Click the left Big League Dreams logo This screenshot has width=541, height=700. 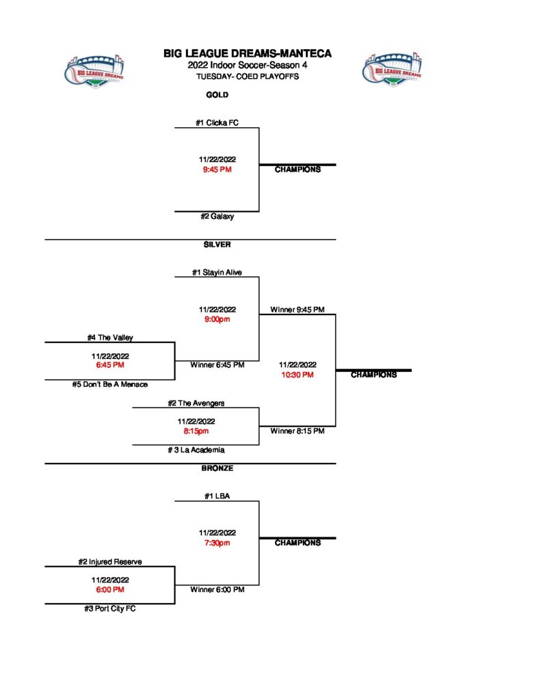pyautogui.click(x=95, y=70)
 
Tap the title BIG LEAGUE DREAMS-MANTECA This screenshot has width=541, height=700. pyautogui.click(x=247, y=53)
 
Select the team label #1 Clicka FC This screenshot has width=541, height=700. pyautogui.click(x=217, y=123)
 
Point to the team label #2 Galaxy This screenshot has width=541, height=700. pyautogui.click(x=217, y=217)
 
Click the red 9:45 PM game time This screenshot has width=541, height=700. pyautogui.click(x=217, y=169)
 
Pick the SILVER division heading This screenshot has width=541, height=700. pyautogui.click(x=217, y=244)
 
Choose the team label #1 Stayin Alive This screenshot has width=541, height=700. pyautogui.click(x=217, y=273)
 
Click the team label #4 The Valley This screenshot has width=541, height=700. pyautogui.click(x=110, y=338)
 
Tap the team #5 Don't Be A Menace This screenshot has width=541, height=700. pyautogui.click(x=110, y=384)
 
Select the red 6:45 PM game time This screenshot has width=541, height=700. pyautogui.click(x=110, y=365)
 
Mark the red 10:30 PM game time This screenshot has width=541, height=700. pyautogui.click(x=298, y=375)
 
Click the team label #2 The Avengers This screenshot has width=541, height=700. pyautogui.click(x=196, y=403)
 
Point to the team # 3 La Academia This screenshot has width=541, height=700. pyautogui.click(x=196, y=450)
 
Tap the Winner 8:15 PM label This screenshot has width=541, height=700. pyautogui.click(x=298, y=431)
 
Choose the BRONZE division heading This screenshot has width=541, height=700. pyautogui.click(x=217, y=468)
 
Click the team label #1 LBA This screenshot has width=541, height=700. pyautogui.click(x=217, y=496)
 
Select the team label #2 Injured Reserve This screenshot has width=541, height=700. pyautogui.click(x=110, y=562)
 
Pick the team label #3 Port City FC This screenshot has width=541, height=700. pyautogui.click(x=110, y=608)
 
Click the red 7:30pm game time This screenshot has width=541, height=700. pyautogui.click(x=217, y=543)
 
